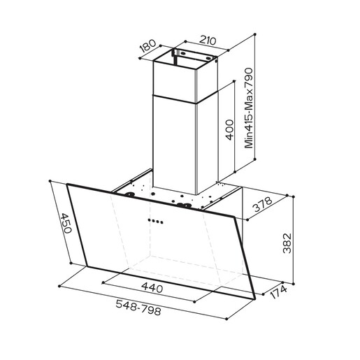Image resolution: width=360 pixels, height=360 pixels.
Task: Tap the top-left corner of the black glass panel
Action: (68, 185)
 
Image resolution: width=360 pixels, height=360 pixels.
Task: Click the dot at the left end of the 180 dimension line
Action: (141, 60)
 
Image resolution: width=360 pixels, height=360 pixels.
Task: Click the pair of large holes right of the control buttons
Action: (187, 206)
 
